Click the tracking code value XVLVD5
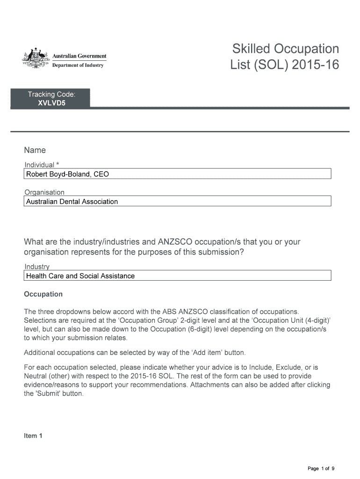pyautogui.click(x=51, y=103)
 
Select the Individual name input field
pyautogui.click(x=177, y=174)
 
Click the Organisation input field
pyautogui.click(x=177, y=202)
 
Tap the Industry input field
pyautogui.click(x=177, y=276)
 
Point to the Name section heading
pyautogui.click(x=35, y=150)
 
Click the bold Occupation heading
pyautogui.click(x=43, y=294)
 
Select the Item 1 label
pyautogui.click(x=33, y=435)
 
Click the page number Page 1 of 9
pyautogui.click(x=321, y=468)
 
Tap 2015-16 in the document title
pyautogui.click(x=316, y=66)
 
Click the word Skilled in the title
pyautogui.click(x=251, y=49)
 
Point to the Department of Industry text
pyautogui.click(x=78, y=65)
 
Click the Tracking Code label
pyautogui.click(x=51, y=94)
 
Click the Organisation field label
pyautogui.click(x=44, y=192)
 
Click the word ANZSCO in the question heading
pyautogui.click(x=176, y=242)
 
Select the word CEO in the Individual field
pyautogui.click(x=101, y=174)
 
